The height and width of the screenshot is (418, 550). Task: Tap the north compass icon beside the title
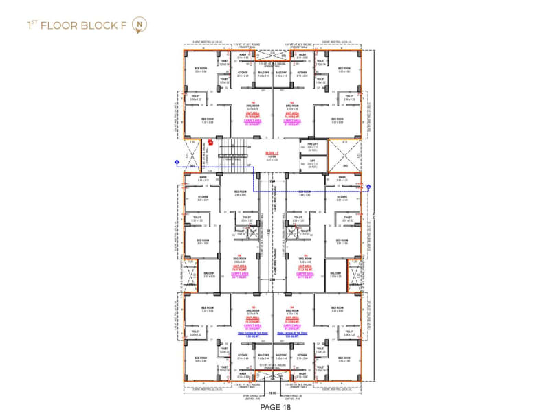141,25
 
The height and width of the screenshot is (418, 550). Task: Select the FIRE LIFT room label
313,146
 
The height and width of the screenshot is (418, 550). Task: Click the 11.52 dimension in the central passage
272,231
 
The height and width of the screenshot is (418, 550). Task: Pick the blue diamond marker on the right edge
370,185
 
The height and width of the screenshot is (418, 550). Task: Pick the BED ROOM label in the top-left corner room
201,69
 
